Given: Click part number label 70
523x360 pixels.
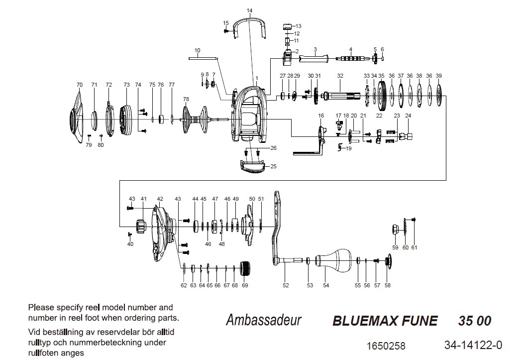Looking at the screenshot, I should click(x=79, y=85).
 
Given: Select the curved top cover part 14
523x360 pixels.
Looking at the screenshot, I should click(x=249, y=22).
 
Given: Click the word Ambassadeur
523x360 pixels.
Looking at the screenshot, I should click(x=263, y=320).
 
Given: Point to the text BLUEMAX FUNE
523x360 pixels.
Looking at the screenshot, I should click(x=385, y=321).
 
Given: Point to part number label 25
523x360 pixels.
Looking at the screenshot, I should click(x=273, y=166).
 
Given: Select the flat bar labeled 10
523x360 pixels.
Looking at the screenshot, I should click(x=204, y=58).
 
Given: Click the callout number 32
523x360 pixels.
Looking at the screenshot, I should click(x=340, y=75).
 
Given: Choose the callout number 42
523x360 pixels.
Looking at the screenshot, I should click(x=160, y=199).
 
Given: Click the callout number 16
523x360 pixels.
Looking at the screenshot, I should click(x=320, y=116).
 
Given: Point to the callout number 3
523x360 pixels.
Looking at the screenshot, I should click(x=315, y=49).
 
